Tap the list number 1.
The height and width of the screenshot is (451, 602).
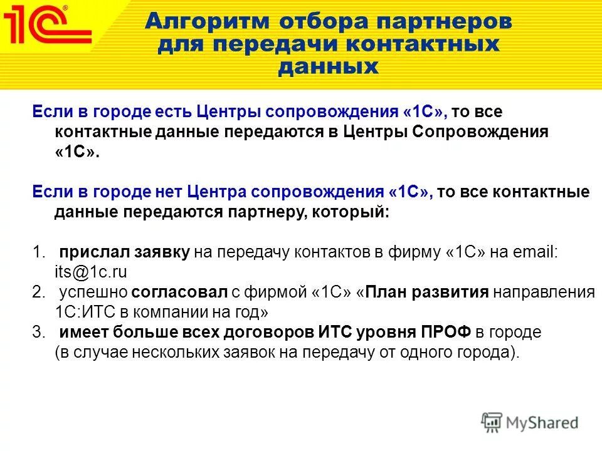coord(39,252)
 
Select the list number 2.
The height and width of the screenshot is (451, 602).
coord(39,293)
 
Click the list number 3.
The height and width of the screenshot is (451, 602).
coord(39,333)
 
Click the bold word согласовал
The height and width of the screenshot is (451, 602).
coord(169,293)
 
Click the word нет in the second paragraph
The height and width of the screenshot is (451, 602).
coord(169,192)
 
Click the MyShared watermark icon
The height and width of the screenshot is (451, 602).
coord(492,422)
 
